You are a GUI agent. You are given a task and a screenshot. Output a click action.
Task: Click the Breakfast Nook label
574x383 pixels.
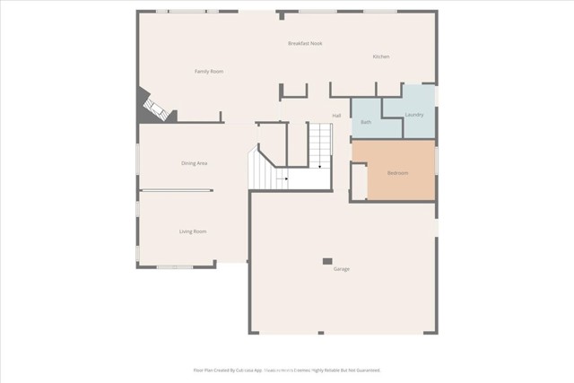coord(305,43)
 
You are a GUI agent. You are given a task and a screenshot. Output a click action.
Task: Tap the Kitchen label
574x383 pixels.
coord(381,57)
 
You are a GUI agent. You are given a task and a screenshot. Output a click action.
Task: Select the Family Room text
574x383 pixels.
coord(210,71)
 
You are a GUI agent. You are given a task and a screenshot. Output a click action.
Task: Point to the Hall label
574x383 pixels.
coord(336,116)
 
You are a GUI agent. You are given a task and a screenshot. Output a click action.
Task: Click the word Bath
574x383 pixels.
coord(366,121)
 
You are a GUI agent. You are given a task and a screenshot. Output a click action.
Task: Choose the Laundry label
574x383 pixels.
coord(414,115)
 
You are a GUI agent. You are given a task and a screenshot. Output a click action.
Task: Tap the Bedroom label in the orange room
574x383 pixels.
coord(398,172)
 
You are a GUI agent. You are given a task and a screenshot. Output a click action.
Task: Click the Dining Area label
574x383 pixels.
coord(195,162)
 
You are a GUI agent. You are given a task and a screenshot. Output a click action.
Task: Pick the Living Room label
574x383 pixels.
coord(193,231)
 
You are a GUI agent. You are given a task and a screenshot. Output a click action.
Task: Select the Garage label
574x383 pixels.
coord(342,269)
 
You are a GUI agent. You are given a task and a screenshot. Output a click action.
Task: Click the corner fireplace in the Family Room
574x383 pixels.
coord(154,109)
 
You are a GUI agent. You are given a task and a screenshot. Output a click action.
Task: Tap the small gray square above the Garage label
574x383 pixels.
coord(327,261)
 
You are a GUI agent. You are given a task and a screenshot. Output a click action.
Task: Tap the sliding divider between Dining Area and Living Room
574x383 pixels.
coord(177,190)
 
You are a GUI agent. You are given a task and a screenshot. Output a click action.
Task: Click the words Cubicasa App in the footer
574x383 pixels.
coord(246,370)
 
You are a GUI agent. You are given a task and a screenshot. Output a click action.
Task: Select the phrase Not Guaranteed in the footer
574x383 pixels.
coord(363,370)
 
